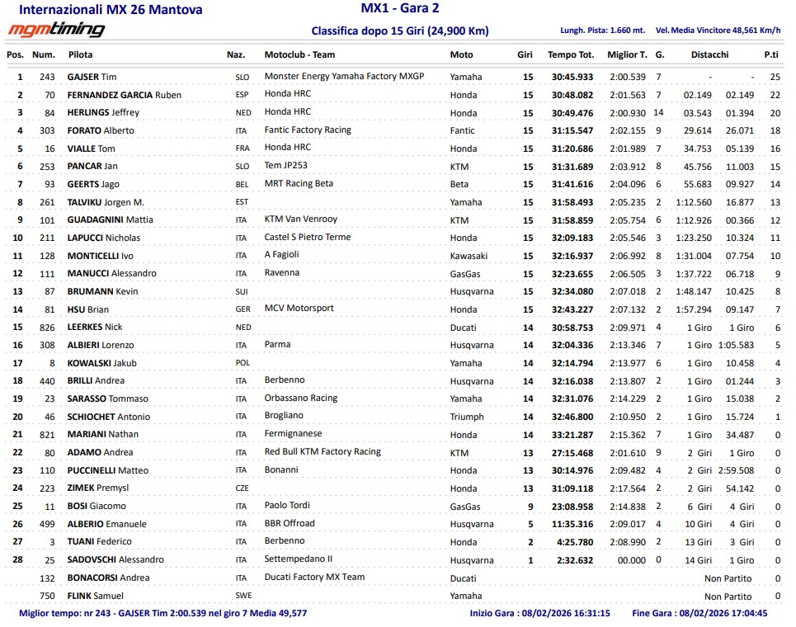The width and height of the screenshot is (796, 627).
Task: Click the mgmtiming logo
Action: [56, 31]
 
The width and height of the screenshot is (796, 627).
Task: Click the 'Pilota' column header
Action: [81, 54]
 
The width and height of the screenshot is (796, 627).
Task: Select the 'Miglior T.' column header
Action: [626, 54]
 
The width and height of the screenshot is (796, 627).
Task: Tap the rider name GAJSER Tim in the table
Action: [92, 77]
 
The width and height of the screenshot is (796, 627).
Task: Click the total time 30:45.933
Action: [570, 77]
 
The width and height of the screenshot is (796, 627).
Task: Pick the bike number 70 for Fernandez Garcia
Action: [49, 95]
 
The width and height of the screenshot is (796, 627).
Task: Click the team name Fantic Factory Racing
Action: [308, 130]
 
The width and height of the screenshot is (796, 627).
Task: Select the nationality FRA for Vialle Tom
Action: [241, 149]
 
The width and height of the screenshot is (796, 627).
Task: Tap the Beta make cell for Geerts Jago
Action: [459, 185]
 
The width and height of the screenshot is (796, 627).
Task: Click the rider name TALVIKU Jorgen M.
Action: [106, 203]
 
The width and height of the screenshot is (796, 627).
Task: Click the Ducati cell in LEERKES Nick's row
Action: [463, 328]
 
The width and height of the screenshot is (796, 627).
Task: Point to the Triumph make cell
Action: [467, 417]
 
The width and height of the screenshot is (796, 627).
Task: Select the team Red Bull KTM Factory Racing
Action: [323, 451]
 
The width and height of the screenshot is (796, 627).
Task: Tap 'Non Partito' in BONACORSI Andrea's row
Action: [728, 578]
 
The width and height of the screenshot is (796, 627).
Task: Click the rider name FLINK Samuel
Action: [95, 596]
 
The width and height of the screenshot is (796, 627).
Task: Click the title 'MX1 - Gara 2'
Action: [400, 9]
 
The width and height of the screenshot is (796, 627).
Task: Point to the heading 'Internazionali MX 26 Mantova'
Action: [110, 11]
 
